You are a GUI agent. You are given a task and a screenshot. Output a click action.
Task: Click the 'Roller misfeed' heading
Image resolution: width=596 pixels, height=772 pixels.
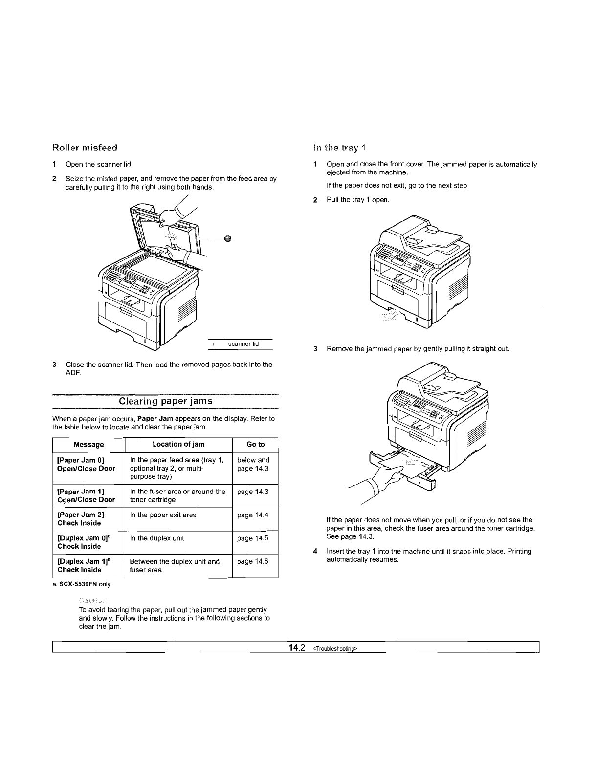coord(85,147)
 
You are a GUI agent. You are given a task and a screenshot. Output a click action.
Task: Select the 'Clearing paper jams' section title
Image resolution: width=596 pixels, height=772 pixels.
coord(166,401)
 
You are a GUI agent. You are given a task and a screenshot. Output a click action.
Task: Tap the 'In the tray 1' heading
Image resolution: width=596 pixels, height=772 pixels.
coord(339,147)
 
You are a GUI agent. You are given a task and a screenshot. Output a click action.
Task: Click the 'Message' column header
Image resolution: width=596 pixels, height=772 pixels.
coord(88,445)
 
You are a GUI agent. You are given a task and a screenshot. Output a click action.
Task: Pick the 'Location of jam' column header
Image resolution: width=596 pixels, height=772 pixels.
coord(178,444)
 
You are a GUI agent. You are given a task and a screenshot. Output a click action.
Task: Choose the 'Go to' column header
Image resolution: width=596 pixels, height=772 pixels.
coord(255,444)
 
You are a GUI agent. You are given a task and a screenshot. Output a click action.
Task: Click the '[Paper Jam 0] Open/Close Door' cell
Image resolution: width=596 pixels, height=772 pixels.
coord(86,464)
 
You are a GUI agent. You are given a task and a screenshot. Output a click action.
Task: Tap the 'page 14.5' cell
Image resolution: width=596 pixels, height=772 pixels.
coord(252,538)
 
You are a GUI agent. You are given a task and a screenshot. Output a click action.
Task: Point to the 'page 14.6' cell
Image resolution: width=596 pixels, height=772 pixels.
coord(252,562)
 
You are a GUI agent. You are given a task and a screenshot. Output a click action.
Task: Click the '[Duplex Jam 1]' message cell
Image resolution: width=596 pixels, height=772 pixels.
coord(81,565)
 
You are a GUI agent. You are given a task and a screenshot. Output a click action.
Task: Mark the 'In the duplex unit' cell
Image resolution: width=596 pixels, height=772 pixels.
coord(157,538)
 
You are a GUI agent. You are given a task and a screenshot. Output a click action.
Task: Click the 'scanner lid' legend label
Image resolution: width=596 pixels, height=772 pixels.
coord(243,344)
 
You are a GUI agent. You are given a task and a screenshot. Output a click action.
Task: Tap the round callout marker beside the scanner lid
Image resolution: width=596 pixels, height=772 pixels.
coord(227,238)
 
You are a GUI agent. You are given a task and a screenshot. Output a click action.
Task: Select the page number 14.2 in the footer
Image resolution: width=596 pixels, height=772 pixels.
coord(297,648)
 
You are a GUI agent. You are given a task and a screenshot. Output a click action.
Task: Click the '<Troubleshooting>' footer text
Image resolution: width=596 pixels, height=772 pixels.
coord(335,649)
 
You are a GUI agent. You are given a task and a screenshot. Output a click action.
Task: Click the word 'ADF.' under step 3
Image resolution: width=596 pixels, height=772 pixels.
coord(73,374)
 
